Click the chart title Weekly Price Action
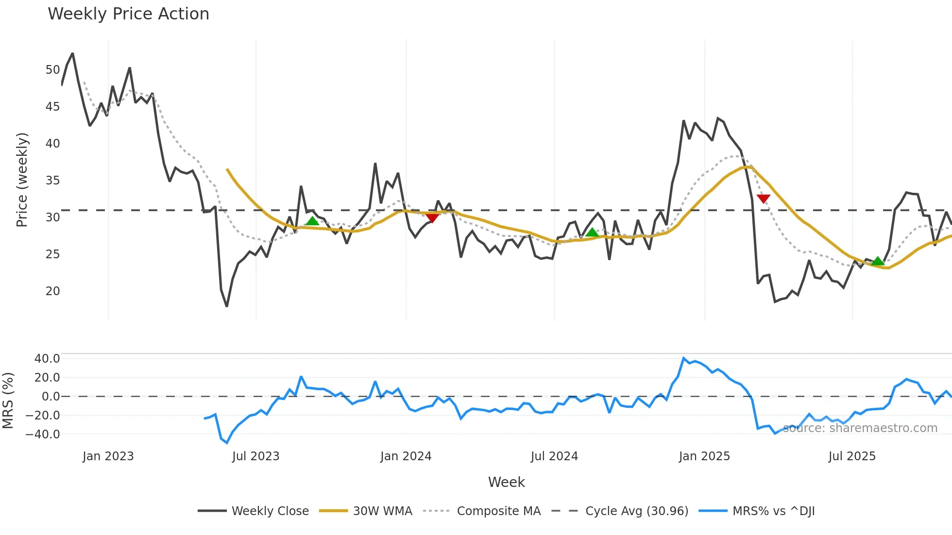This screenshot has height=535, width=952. click(128, 14)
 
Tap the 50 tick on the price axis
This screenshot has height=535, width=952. click(52, 70)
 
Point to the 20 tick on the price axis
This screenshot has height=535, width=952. click(52, 291)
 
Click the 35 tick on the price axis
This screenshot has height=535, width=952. click(52, 181)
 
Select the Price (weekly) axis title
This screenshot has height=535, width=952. click(22, 180)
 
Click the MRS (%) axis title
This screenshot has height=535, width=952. click(8, 401)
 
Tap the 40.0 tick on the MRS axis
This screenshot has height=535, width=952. click(47, 359)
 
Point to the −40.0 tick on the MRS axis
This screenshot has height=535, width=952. click(43, 435)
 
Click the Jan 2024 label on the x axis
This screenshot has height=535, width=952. click(406, 456)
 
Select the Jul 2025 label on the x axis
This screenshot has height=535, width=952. click(852, 456)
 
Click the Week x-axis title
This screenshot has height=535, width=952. click(506, 482)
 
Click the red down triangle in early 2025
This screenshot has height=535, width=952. click(764, 199)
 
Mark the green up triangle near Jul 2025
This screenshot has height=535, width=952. click(878, 261)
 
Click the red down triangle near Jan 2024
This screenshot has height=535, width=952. click(432, 218)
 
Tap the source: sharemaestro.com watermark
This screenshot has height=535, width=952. click(860, 428)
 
